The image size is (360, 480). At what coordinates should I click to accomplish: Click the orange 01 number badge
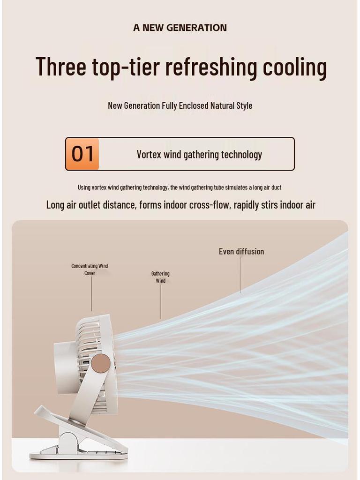pos(82,154)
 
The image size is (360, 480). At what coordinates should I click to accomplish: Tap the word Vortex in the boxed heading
pos(149,154)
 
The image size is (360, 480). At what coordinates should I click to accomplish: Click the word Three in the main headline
pos(61,67)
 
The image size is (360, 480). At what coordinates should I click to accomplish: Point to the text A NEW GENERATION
pos(180,28)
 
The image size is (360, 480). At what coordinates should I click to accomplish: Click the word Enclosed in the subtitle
pos(194,105)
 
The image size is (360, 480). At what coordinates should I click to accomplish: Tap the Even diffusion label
pos(241,252)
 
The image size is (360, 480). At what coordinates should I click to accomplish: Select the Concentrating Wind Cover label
pos(90,270)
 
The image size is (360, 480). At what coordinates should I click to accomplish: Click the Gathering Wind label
pos(160,277)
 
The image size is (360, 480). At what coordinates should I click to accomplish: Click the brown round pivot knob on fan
pos(101,363)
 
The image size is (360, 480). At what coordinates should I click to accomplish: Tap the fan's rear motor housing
pos(66,367)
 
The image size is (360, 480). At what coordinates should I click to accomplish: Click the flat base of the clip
pos(78,455)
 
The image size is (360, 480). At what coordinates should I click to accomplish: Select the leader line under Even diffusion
pos(240,275)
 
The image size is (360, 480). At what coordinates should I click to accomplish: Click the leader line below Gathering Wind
pos(161,301)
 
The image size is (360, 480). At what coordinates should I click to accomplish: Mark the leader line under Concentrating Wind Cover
pos(91,294)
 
